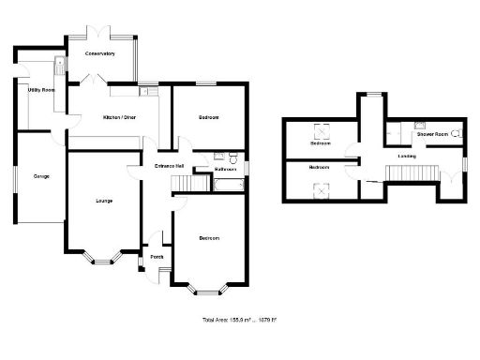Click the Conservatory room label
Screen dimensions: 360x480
point(99,54)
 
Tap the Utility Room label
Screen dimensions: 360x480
point(41,90)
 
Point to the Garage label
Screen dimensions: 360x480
point(41,176)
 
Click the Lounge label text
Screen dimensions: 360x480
point(104,201)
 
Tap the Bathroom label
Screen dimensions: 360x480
point(225,170)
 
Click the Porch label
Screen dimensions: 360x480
point(157,255)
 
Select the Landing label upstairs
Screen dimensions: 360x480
point(407,156)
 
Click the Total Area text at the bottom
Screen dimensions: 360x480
point(239,321)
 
